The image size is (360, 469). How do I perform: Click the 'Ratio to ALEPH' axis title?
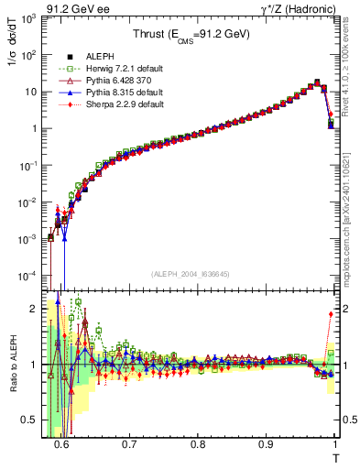[14, 365]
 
